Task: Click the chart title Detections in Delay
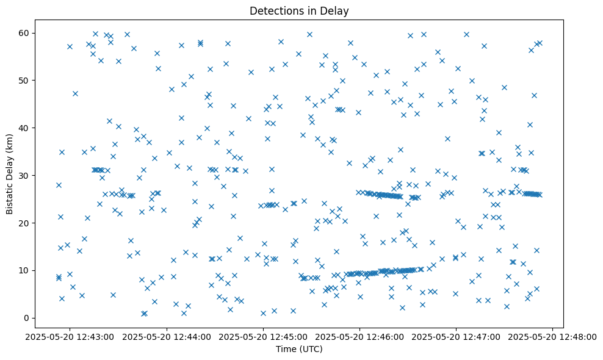(299, 10)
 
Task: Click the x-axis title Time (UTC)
(299, 349)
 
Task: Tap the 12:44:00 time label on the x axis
(167, 336)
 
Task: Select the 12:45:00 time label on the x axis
(263, 336)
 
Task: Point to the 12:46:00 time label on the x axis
(360, 336)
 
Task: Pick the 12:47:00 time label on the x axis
(457, 336)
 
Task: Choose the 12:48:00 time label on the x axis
(553, 336)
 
